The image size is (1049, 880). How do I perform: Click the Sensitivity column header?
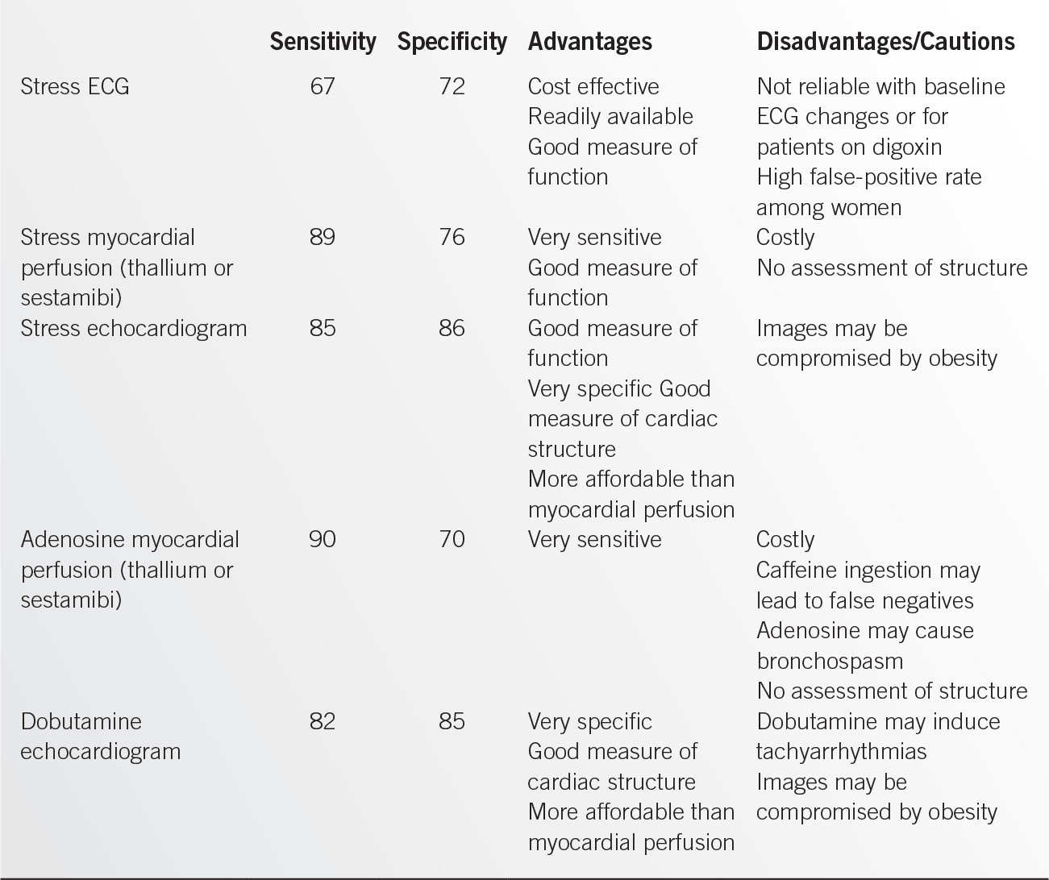click(323, 42)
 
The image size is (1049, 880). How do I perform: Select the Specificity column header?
click(452, 42)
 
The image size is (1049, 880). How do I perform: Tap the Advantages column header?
click(589, 42)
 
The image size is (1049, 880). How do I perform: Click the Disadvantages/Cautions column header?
click(885, 42)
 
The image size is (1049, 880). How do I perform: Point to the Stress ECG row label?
click(75, 86)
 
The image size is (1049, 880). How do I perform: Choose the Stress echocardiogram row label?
click(134, 328)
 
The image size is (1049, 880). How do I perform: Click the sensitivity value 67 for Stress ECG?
click(323, 86)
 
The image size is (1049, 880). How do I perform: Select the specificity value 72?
click(452, 86)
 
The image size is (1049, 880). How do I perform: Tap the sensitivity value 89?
click(323, 237)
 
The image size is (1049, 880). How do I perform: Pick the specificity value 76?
click(452, 237)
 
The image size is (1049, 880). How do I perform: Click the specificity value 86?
click(452, 328)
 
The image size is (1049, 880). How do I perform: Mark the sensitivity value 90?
click(323, 539)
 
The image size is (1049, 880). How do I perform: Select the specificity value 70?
click(452, 539)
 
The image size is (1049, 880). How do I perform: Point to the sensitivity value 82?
click(323, 721)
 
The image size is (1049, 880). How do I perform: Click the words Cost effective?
click(593, 86)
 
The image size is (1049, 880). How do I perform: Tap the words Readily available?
click(610, 117)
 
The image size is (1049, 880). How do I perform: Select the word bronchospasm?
click(830, 661)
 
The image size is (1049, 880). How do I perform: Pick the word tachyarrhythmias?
click(841, 752)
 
